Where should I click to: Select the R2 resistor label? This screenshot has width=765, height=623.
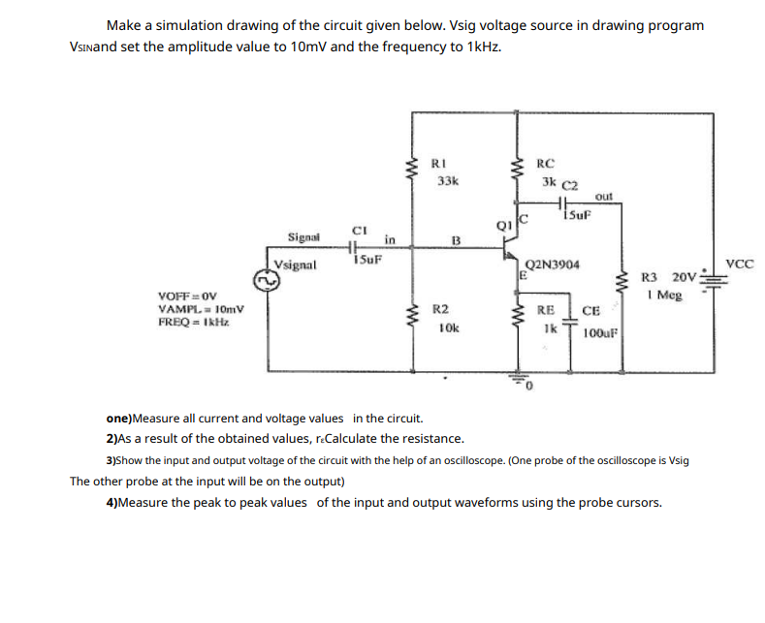(439, 308)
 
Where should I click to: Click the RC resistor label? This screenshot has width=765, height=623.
(545, 163)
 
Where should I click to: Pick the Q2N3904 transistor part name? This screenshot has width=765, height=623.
(550, 264)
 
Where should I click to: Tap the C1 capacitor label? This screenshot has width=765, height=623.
(358, 230)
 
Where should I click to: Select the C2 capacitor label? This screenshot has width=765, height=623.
(569, 184)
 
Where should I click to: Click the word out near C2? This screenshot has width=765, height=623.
(603, 196)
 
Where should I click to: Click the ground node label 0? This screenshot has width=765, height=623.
(531, 390)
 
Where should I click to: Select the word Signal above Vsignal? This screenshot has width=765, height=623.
(306, 235)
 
